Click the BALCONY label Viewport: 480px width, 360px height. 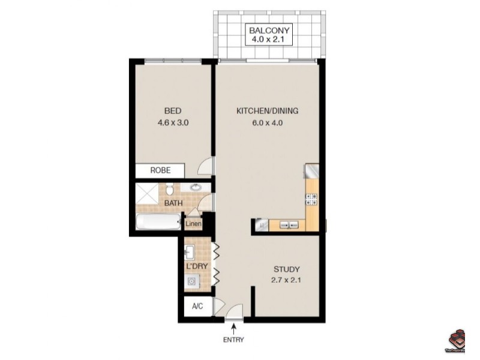click(269, 30)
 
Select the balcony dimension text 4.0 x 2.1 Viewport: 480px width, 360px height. click(269, 41)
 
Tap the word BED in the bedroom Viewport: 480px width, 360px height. click(173, 111)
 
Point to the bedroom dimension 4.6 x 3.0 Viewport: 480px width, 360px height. click(173, 123)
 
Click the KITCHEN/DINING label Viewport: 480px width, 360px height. click(267, 111)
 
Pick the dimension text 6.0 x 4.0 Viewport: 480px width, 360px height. click(267, 123)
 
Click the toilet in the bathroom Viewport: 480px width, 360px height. click(170, 190)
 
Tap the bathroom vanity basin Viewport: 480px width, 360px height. click(196, 188)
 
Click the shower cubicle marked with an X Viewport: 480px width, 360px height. click(146, 193)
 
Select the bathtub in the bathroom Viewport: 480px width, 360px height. click(157, 224)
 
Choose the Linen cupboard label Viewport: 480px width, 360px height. click(193, 225)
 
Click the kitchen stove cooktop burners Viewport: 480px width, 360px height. click(311, 201)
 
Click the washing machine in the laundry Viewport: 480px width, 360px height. click(192, 281)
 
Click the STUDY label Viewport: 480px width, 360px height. click(286, 269)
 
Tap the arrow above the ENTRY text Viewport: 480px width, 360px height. click(233, 327)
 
